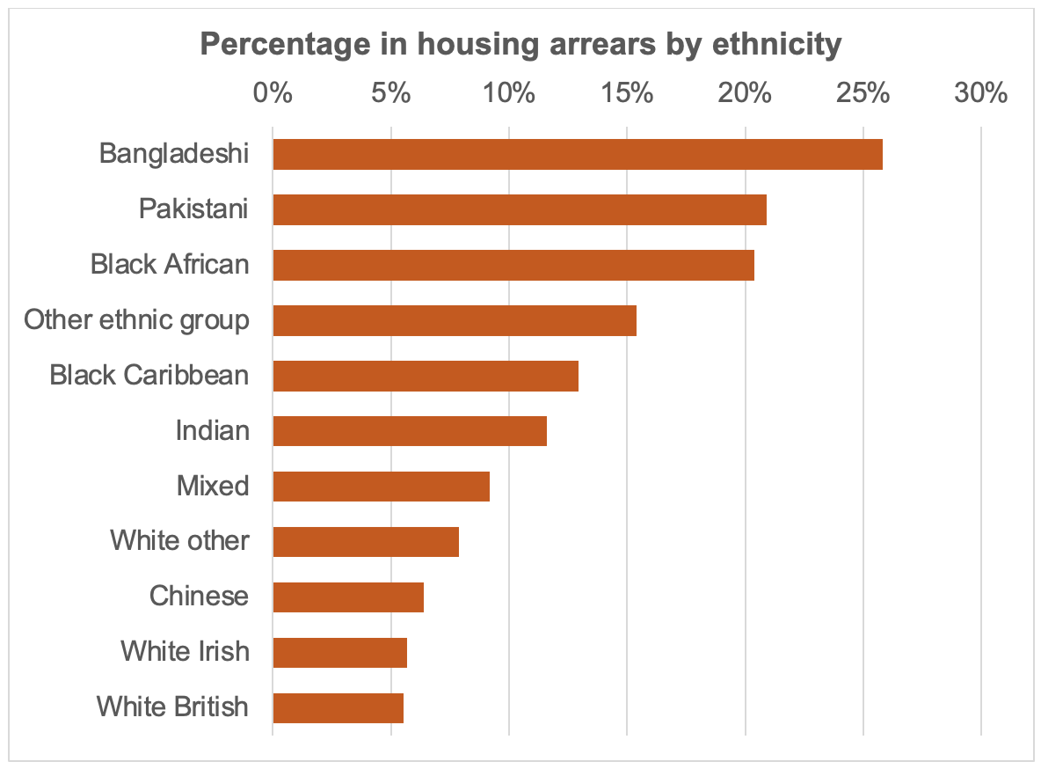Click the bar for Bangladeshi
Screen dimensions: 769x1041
578,154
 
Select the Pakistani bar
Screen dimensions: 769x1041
520,209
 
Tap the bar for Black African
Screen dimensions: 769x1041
513,265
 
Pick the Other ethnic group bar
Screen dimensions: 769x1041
455,320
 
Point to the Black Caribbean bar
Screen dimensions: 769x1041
426,376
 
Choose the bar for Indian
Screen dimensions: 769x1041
410,431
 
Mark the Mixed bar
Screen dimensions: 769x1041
381,486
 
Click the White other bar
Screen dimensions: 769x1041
366,541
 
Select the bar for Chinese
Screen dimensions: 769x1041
348,597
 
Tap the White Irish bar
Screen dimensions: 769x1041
340,652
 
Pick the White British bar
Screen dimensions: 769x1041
339,707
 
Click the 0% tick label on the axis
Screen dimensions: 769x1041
273,92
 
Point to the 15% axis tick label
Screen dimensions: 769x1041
627,92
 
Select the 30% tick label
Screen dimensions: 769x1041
981,92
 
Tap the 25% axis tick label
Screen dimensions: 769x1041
863,92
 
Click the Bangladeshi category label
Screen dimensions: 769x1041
174,154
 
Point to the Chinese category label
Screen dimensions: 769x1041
199,597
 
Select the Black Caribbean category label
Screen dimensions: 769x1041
149,376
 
